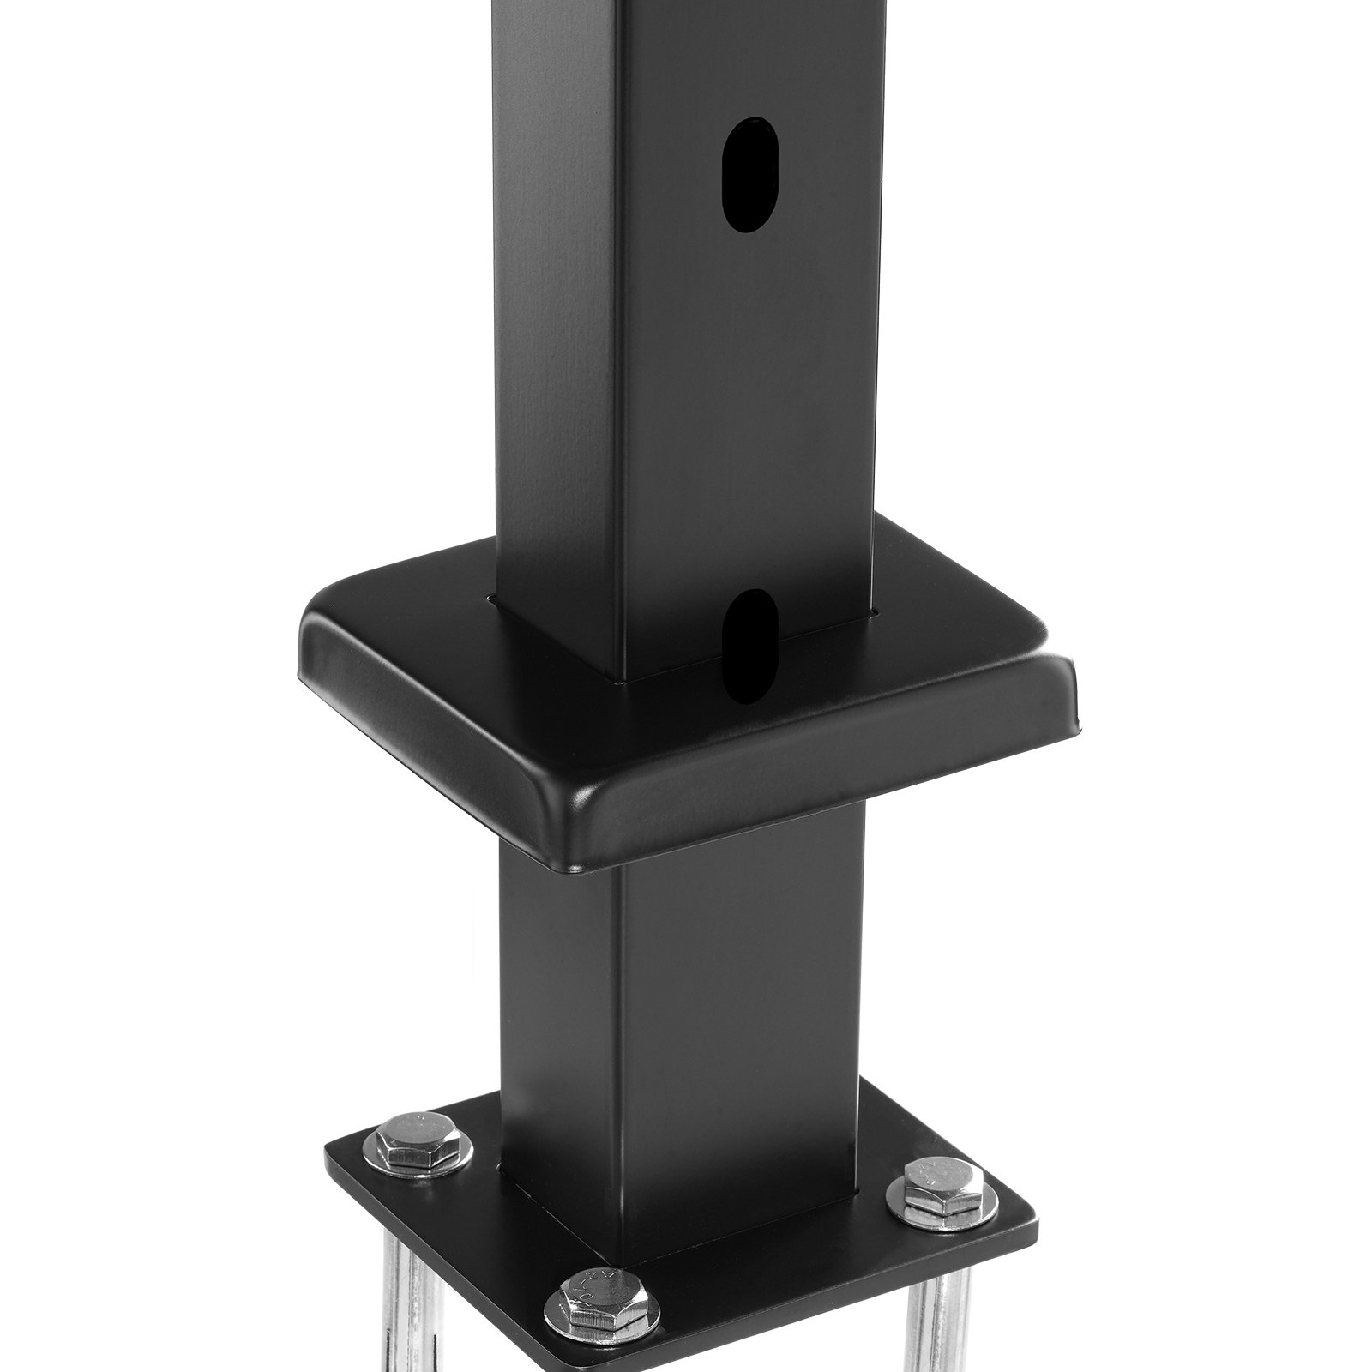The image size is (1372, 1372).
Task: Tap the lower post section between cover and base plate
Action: [686, 986]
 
